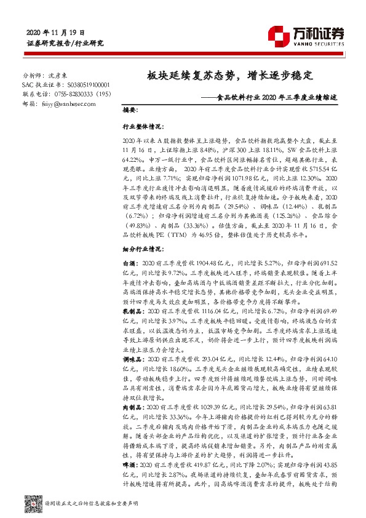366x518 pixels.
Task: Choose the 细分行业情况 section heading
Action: coord(137,248)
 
